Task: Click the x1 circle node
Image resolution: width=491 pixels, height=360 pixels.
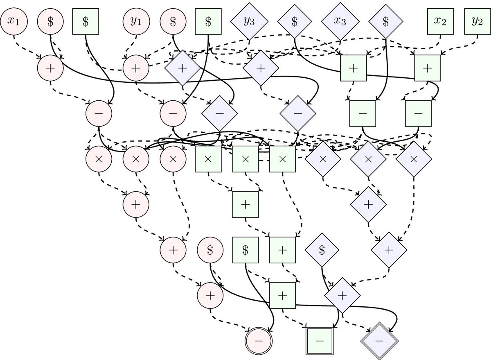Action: click(14, 21)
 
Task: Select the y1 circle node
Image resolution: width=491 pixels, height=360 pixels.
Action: click(135, 21)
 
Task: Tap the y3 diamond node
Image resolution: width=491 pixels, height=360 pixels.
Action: click(248, 22)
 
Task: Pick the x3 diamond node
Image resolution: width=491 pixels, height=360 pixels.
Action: click(339, 22)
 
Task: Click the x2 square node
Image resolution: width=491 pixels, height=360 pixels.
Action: click(441, 21)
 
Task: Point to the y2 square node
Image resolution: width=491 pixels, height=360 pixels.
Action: click(477, 21)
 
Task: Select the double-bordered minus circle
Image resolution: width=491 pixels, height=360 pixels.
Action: click(258, 340)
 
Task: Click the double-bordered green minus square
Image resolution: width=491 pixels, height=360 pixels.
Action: click(320, 340)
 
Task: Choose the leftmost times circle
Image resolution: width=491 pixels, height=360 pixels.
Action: click(98, 159)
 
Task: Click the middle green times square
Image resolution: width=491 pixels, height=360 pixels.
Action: click(245, 159)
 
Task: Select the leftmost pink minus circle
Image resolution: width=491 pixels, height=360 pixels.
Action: click(98, 112)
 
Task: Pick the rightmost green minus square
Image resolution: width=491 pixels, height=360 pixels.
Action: click(418, 112)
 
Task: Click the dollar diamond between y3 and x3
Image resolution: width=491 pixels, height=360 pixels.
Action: click(294, 22)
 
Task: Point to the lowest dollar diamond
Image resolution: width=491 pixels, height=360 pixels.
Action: click(322, 249)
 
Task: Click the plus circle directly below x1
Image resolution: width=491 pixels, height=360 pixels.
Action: click(50, 68)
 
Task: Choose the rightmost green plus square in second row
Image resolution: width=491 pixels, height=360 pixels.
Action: click(427, 68)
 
